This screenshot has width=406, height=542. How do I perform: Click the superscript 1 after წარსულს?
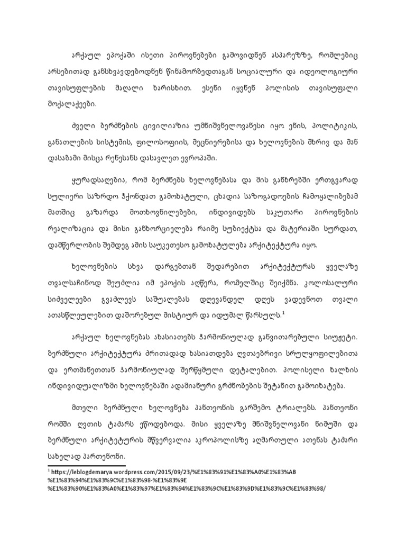click(x=284, y=314)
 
